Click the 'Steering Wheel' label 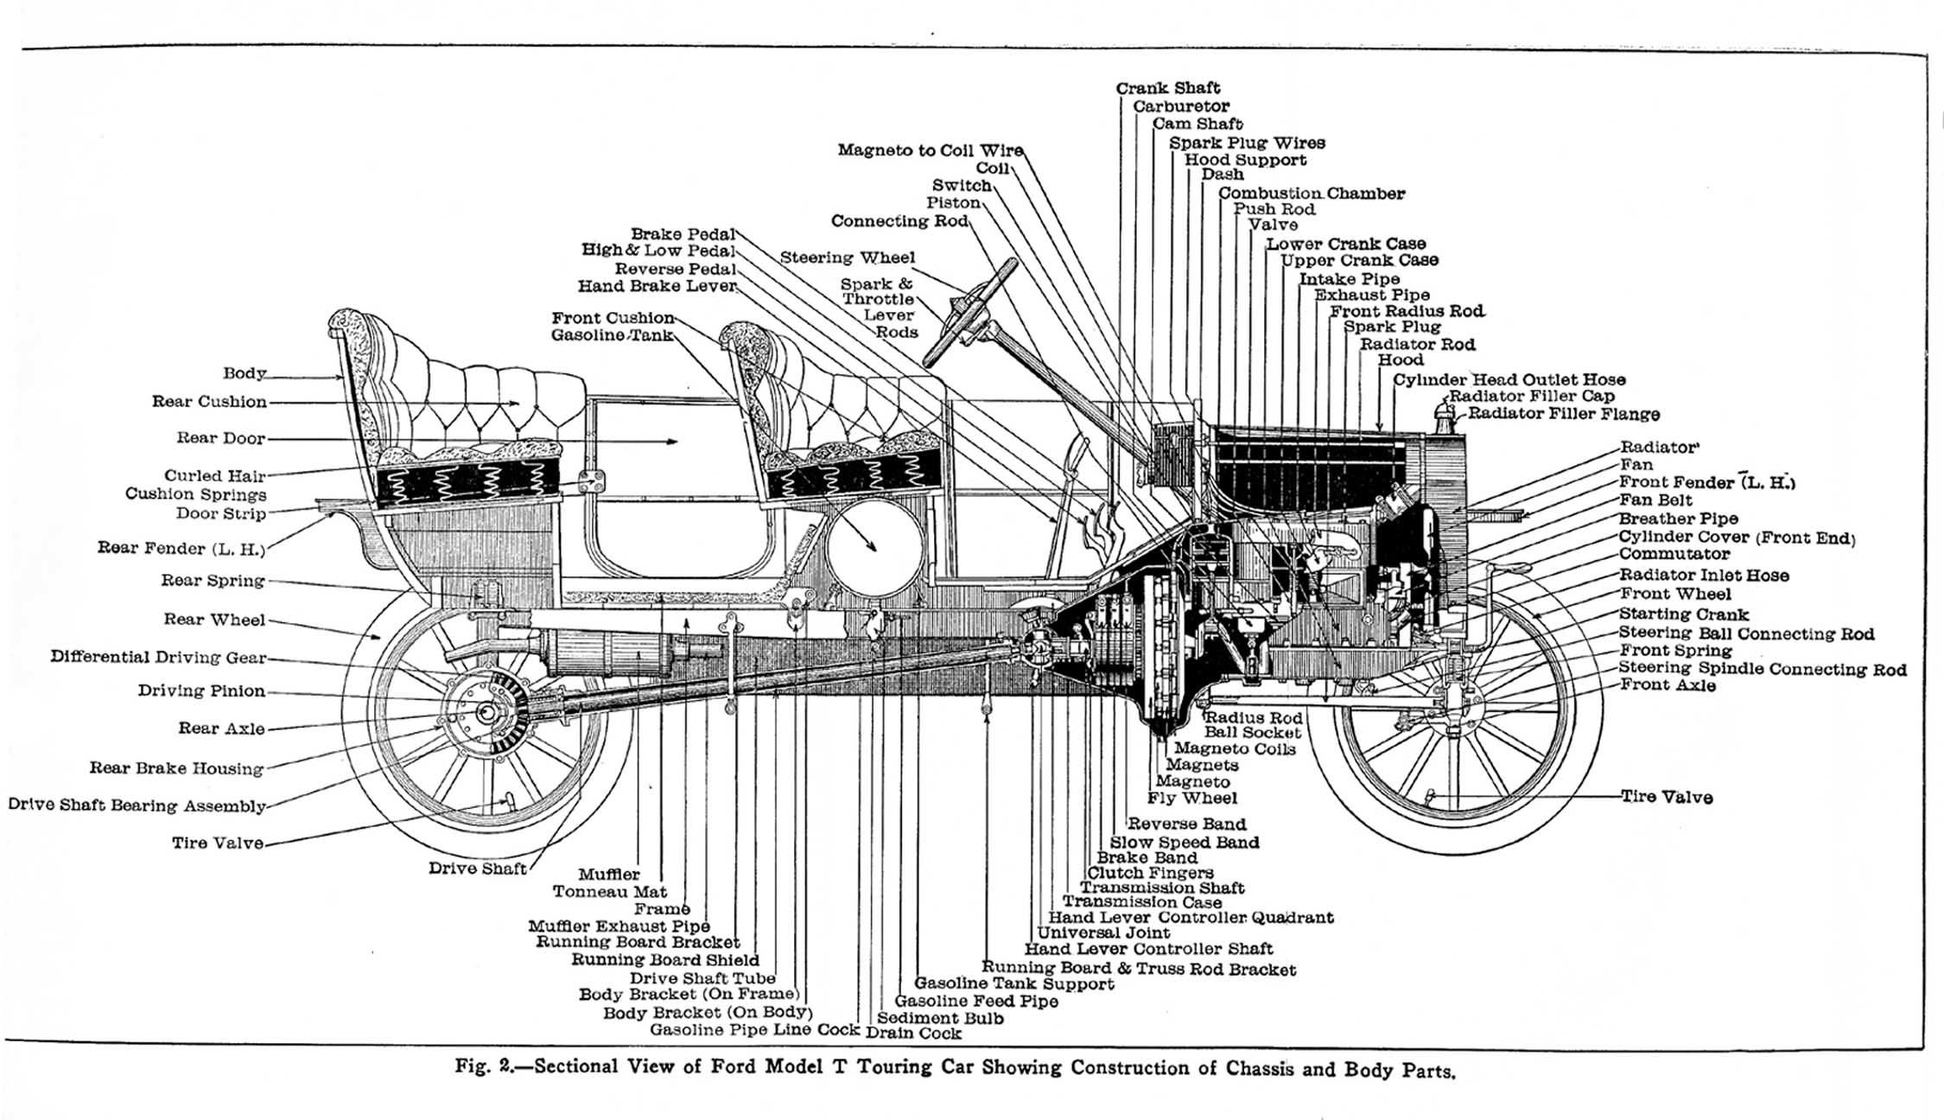coord(847,258)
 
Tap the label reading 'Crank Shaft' coord(1167,88)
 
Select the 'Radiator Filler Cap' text coord(1532,397)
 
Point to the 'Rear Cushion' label coord(210,402)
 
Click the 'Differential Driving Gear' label coord(159,657)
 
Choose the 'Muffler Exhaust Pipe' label coord(619,926)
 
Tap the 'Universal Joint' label coord(1103,933)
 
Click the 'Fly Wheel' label coord(1192,799)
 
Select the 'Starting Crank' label coord(1684,614)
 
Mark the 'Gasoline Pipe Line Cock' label coord(754,1030)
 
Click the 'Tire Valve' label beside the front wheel coord(1667,798)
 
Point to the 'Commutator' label coord(1674,554)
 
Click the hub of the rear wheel coord(486,713)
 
